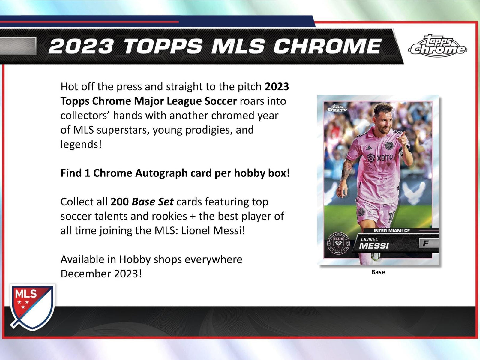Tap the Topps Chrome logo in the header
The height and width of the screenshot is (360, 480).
pyautogui.click(x=438, y=46)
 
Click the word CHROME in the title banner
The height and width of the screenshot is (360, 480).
pyautogui.click(x=327, y=46)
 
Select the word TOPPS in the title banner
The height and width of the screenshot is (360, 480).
pyautogui.click(x=163, y=46)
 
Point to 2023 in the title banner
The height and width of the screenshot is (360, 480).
pyautogui.click(x=81, y=46)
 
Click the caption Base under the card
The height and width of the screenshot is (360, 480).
pyautogui.click(x=378, y=272)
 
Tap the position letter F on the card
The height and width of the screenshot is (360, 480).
pyautogui.click(x=425, y=243)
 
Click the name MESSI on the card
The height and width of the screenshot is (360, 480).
pyautogui.click(x=374, y=246)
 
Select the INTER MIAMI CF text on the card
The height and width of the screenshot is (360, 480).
pyautogui.click(x=391, y=231)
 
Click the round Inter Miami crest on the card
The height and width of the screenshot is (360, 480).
pyautogui.click(x=338, y=244)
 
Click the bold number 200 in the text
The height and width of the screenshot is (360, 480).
pyautogui.click(x=119, y=202)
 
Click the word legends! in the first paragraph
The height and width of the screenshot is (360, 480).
pyautogui.click(x=81, y=145)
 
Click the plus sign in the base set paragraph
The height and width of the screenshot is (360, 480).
pyautogui.click(x=193, y=217)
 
